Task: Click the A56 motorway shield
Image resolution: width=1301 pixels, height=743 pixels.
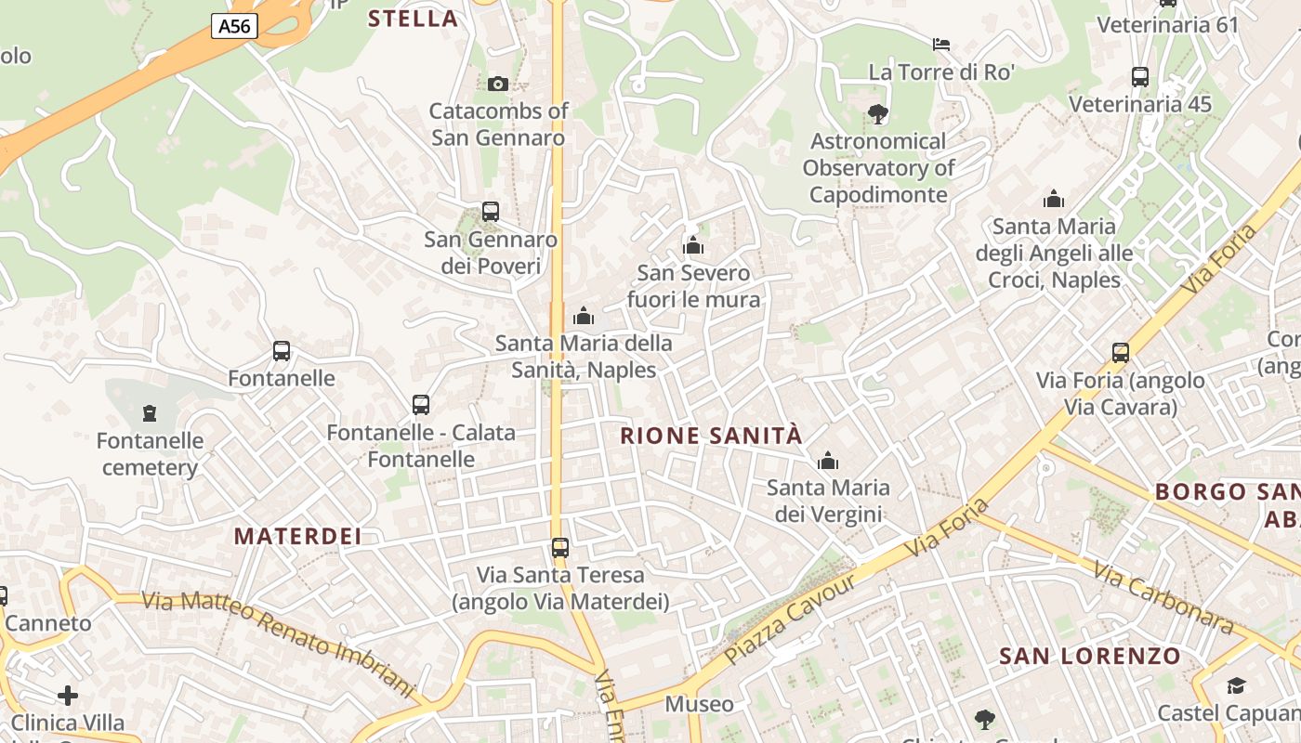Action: [x=234, y=26]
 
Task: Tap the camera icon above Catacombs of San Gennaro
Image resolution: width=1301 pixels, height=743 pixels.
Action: [x=498, y=84]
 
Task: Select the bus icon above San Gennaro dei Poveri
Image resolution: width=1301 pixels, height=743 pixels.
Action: [x=491, y=212]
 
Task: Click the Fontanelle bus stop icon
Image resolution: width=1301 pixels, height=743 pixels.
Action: [x=282, y=351]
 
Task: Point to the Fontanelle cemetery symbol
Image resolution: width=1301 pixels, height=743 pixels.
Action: [x=149, y=413]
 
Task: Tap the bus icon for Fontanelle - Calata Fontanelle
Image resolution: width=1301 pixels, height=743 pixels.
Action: [x=421, y=405]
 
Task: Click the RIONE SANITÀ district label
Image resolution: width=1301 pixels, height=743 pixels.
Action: [x=711, y=436]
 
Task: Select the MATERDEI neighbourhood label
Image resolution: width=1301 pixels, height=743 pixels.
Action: [x=297, y=536]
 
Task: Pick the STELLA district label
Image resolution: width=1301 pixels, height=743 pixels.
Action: [x=414, y=19]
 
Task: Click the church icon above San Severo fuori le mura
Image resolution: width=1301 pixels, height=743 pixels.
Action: [x=693, y=246]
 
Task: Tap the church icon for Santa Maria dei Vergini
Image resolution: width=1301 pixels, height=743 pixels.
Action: [x=827, y=461]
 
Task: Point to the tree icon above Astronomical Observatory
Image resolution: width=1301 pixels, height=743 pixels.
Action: [x=877, y=114]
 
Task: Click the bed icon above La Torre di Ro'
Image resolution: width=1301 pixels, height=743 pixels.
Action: [x=941, y=44]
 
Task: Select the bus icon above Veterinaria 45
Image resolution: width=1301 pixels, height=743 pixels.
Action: [x=1140, y=77]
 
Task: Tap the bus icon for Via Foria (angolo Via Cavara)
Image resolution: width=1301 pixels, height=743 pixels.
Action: [x=1121, y=353]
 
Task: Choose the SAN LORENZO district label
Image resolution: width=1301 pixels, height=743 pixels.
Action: [x=1090, y=657]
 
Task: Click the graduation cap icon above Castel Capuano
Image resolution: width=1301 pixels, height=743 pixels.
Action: [x=1236, y=686]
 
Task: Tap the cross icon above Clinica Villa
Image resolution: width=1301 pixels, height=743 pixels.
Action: [x=68, y=695]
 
